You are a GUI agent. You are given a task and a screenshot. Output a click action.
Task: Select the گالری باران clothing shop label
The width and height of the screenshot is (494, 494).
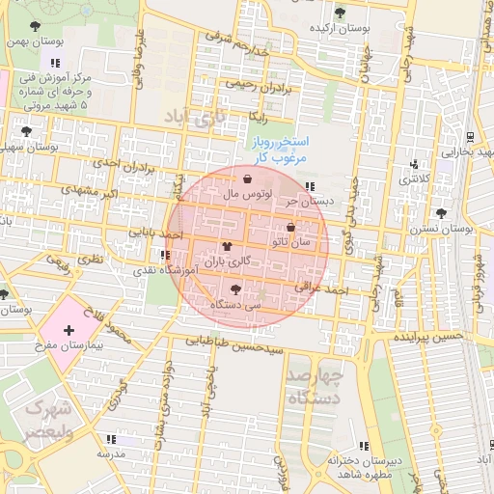tap(228, 261)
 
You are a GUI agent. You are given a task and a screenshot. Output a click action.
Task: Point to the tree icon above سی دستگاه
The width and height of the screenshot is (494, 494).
tap(236, 288)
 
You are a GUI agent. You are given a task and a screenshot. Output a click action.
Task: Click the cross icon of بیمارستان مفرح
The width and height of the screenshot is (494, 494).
tap(68, 331)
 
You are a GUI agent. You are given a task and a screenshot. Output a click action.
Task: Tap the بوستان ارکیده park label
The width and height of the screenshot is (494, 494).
tap(340, 28)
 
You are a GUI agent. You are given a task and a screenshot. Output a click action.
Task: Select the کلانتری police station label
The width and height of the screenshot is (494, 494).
tap(414, 178)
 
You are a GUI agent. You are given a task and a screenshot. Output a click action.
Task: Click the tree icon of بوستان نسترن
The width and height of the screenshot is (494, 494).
tap(441, 212)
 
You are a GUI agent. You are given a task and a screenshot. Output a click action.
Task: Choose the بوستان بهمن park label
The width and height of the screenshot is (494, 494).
tap(35, 41)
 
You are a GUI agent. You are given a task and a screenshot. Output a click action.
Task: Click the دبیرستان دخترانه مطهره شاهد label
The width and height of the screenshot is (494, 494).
tap(365, 467)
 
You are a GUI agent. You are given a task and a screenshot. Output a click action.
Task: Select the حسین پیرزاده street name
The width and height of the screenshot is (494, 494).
tap(427, 338)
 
